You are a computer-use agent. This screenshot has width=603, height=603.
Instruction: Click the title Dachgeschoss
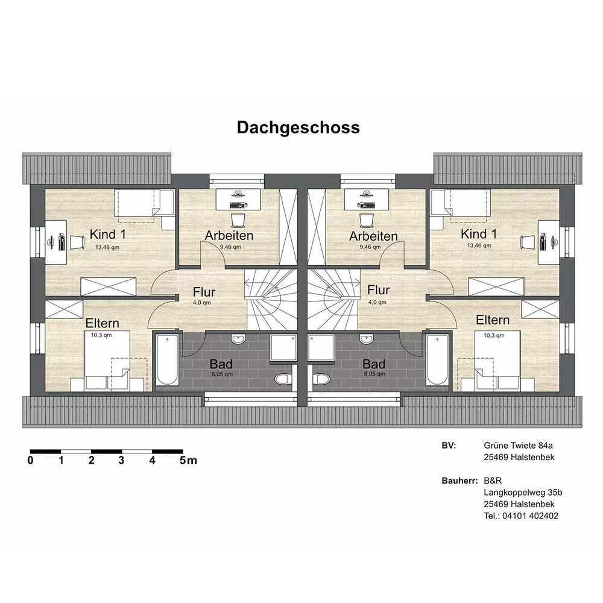[x=298, y=128]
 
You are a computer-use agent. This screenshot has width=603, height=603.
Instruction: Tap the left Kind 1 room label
[x=108, y=234]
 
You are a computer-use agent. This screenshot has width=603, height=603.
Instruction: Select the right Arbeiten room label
[x=373, y=236]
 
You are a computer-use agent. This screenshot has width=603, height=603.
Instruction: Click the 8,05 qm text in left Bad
[x=222, y=374]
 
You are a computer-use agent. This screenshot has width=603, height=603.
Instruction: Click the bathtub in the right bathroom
[x=437, y=359]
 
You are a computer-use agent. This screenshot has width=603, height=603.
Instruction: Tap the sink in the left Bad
[x=238, y=339]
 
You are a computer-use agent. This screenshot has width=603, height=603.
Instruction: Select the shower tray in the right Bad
[x=321, y=348]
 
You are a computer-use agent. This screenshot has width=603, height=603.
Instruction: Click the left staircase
[x=271, y=299]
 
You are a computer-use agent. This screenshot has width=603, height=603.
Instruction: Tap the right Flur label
[x=379, y=289]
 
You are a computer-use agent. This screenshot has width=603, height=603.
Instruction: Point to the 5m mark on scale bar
[x=188, y=460]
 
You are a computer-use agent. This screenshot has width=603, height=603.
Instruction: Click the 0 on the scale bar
[x=30, y=460]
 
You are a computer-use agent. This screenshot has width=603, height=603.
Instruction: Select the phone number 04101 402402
[x=530, y=516]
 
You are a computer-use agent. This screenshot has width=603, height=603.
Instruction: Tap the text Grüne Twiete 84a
[x=518, y=446]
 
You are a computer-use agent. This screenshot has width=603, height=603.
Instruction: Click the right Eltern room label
[x=493, y=320]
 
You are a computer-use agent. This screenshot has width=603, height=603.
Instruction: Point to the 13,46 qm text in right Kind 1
[x=479, y=245]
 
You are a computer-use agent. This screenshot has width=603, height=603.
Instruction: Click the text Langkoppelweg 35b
[x=523, y=492]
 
